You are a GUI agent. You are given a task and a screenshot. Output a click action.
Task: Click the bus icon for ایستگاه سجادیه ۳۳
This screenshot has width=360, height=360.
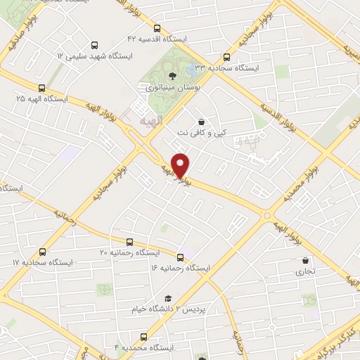tap(226, 58)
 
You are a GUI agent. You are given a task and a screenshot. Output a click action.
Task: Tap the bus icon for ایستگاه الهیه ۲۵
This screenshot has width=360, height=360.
tap(41, 89)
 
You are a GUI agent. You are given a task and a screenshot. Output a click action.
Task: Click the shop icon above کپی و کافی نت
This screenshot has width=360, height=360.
tap(202, 121)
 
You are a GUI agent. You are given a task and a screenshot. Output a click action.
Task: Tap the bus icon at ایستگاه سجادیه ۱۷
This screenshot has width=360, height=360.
tap(44, 251)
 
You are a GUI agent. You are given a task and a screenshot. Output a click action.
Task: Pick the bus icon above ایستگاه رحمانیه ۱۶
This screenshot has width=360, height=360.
tap(181, 257)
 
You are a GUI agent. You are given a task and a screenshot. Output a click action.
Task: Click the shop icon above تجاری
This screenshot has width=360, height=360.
tap(304, 259)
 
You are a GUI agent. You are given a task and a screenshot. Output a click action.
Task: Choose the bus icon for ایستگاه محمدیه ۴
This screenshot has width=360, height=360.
tap(144, 336)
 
